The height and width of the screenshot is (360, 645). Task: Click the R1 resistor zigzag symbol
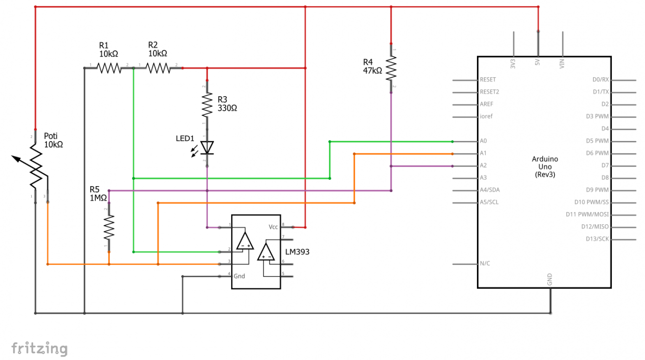tap(109, 68)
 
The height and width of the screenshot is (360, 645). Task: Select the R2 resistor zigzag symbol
tap(158, 68)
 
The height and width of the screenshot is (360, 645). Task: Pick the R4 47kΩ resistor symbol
tap(391, 68)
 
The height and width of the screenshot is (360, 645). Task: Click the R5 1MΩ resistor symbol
tap(109, 227)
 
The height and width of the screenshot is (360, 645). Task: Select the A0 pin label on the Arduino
tap(483, 141)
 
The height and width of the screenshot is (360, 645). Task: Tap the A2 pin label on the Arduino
tap(483, 166)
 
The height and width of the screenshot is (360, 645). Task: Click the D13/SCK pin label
tap(597, 239)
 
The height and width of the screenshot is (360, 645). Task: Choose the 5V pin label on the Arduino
tap(537, 63)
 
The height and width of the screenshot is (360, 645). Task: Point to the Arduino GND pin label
tap(550, 279)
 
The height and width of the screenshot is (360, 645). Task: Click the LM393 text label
tap(298, 252)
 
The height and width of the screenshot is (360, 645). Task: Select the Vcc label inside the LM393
tap(273, 227)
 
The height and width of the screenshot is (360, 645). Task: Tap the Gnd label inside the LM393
tap(239, 276)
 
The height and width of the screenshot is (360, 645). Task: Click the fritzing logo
tap(39, 348)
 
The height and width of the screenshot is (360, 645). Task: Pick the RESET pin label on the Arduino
tap(488, 80)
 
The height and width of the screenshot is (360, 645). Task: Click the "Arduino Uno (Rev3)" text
tap(544, 167)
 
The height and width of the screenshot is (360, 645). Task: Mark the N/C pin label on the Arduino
tap(485, 264)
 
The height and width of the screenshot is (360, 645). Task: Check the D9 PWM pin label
tap(597, 190)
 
